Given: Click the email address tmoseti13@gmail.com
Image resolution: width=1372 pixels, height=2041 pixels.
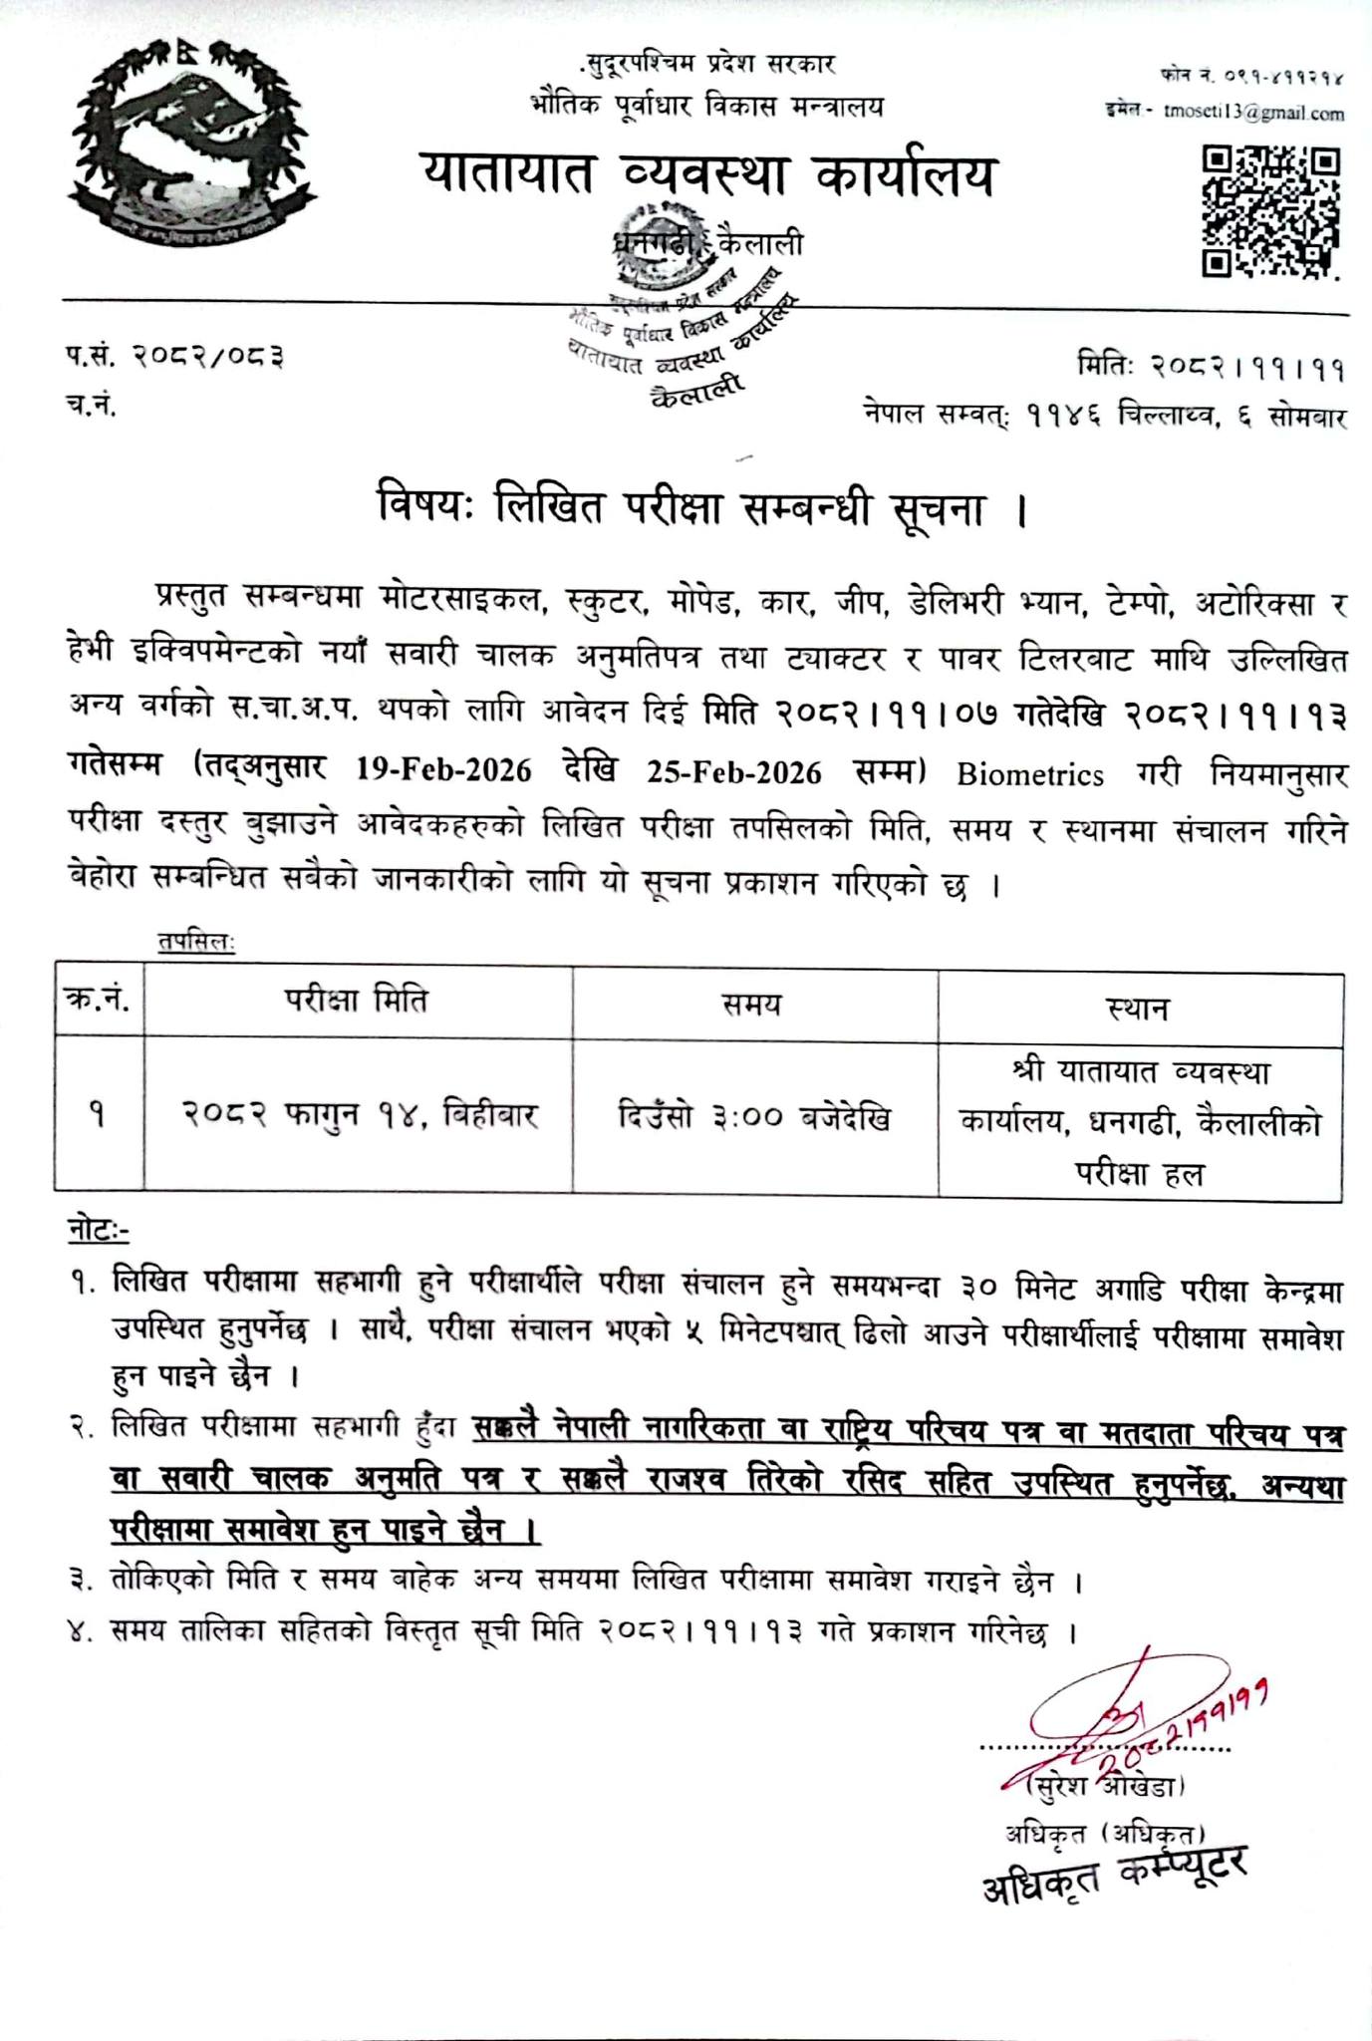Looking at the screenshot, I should [x=1252, y=113].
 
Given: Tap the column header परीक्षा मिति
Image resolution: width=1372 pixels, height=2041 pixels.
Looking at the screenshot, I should [x=356, y=1000].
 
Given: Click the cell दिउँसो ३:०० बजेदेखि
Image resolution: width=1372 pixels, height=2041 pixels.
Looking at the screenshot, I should [x=753, y=1116].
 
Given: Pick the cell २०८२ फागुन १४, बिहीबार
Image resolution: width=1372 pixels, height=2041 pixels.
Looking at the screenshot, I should [x=360, y=1114].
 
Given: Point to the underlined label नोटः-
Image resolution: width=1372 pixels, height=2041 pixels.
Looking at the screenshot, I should [x=98, y=1231].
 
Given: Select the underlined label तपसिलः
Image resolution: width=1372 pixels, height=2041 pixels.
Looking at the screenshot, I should [x=195, y=942].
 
